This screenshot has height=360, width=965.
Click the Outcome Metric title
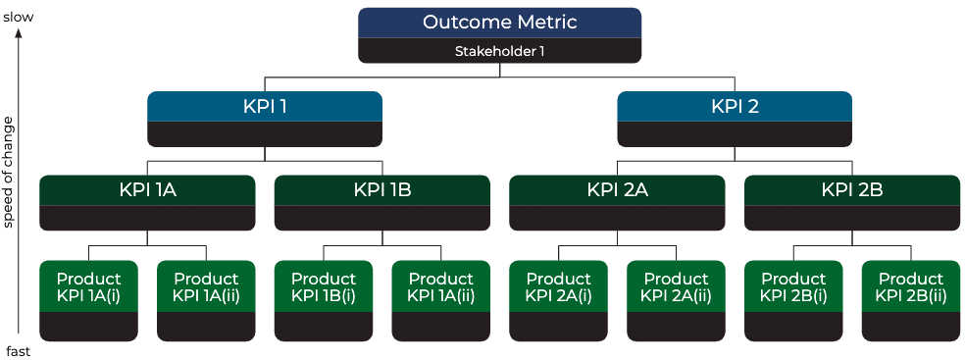pyautogui.click(x=499, y=23)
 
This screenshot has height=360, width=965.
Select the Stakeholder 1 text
pyautogui.click(x=499, y=51)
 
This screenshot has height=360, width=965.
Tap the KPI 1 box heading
pyautogui.click(x=265, y=106)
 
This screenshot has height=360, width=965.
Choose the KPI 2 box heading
pyautogui.click(x=735, y=106)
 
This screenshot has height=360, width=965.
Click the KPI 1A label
pyautogui.click(x=147, y=190)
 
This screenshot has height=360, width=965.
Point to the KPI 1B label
pyautogui.click(x=381, y=190)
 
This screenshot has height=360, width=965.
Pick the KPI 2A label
pyautogui.click(x=617, y=190)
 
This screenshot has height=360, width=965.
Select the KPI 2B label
pyautogui.click(x=852, y=190)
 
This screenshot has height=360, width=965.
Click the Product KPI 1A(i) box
pyautogui.click(x=88, y=286)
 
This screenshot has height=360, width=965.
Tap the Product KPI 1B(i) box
pyautogui.click(x=324, y=286)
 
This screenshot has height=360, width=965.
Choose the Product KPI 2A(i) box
pyautogui.click(x=558, y=286)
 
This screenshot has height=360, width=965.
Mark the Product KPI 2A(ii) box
pyautogui.click(x=676, y=286)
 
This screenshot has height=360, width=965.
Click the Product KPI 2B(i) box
pyautogui.click(x=793, y=286)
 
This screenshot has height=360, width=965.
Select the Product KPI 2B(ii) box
pyautogui.click(x=911, y=286)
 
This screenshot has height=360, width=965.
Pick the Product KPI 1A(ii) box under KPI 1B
pyautogui.click(x=440, y=286)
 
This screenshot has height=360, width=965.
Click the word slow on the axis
pyautogui.click(x=19, y=15)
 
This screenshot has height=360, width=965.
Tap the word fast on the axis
pyautogui.click(x=19, y=350)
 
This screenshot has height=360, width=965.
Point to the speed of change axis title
pyautogui.click(x=9, y=172)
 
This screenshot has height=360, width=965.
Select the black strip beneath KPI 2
pyautogui.click(x=735, y=134)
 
